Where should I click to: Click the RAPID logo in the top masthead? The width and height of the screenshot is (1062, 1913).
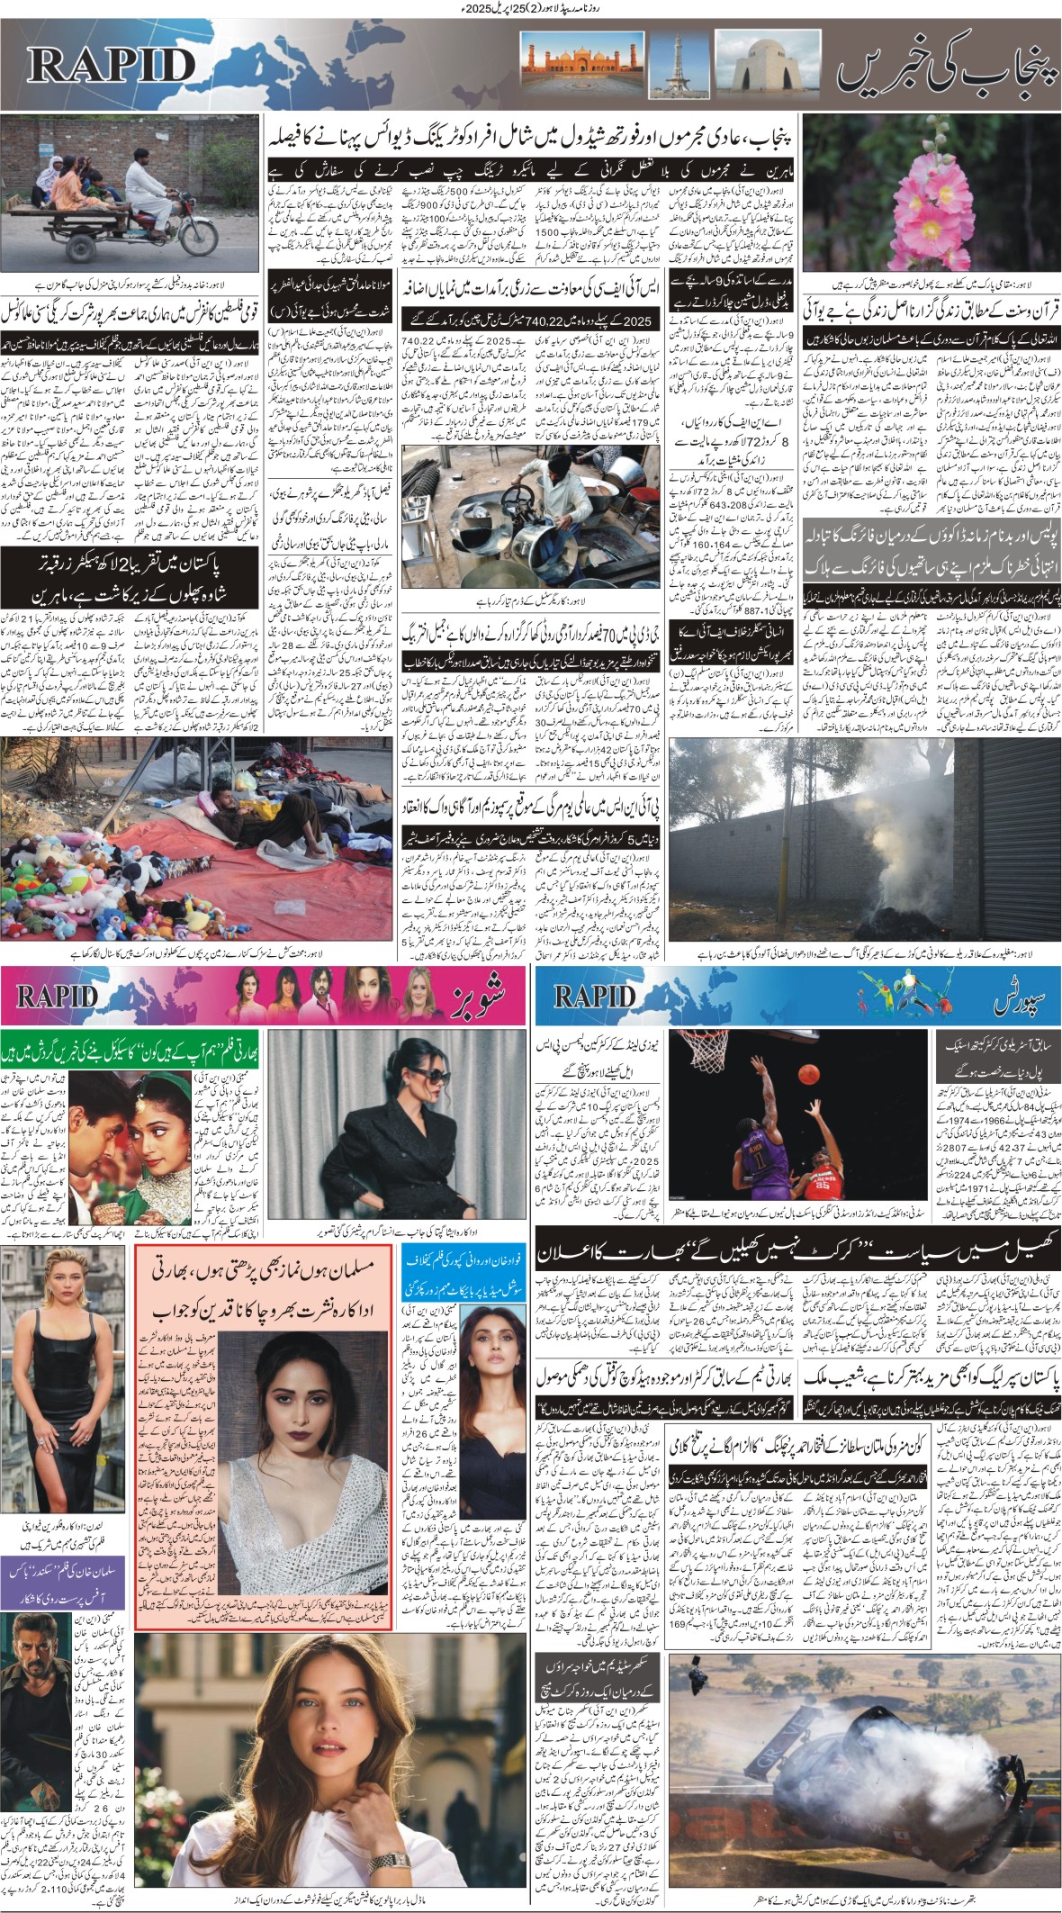(111, 66)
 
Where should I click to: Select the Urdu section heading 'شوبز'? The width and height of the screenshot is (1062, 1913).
(480, 996)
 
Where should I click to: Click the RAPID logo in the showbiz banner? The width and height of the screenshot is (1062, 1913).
(57, 996)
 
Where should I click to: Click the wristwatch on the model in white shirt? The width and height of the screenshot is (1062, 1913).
(392, 1836)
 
